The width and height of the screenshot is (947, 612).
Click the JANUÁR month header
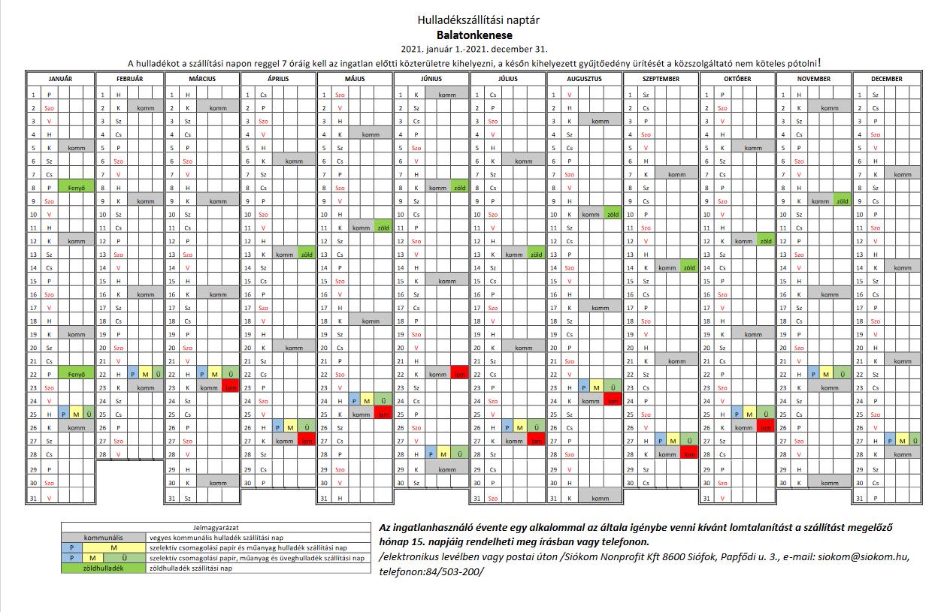coord(61,79)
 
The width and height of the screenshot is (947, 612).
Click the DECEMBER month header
coord(887,79)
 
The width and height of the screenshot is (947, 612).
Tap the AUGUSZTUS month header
coord(585,79)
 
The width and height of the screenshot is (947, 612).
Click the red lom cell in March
coord(231,387)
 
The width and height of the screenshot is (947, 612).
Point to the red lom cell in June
coord(458,374)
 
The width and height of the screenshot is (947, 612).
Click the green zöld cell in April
coord(307,255)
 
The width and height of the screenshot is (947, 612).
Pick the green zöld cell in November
coord(843,201)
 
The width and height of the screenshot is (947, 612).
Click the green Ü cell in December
coord(916,442)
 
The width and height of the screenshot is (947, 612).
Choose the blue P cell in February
coord(132,374)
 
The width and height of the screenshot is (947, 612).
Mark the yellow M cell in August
coord(598,387)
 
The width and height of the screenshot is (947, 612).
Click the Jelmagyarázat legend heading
coord(216,528)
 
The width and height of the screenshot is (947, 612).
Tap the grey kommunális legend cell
coord(103,538)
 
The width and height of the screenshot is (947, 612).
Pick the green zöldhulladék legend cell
coord(103,568)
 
